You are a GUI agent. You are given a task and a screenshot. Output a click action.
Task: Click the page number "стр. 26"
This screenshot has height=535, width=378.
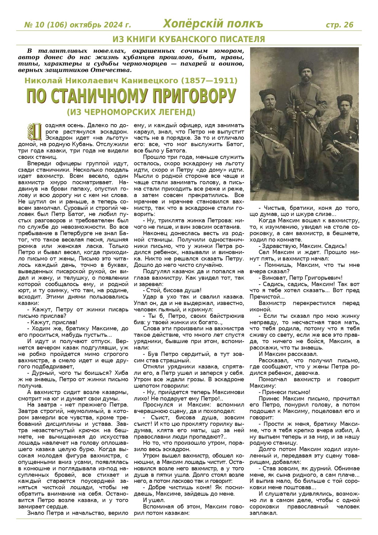coord(340,25)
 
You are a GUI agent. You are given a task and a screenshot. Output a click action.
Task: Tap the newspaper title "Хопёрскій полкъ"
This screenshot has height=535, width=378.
coord(213,24)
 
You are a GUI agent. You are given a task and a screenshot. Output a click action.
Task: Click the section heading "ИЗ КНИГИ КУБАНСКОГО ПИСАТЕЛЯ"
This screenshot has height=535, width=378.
coord(189,39)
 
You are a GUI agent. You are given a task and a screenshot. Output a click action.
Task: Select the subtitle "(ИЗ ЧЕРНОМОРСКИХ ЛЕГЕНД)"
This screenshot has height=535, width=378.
coord(131,112)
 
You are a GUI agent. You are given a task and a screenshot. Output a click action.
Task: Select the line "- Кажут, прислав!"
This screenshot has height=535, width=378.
coord(52,322)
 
